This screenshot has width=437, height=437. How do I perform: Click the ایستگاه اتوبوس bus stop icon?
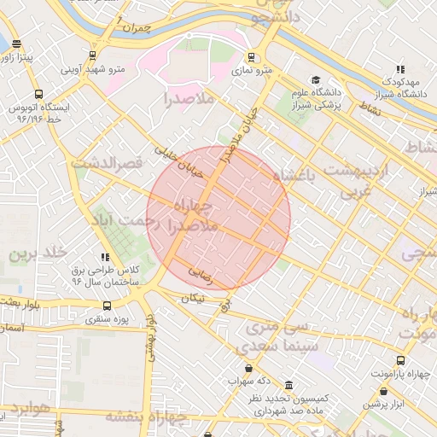coord(38,95)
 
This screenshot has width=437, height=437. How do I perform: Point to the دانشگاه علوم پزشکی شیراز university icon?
coord(315,79)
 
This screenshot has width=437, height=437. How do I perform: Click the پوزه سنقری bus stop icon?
coord(106,305)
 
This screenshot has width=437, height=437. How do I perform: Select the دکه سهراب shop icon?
coord(248,368)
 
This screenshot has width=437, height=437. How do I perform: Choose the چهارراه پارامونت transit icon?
coord(400,360)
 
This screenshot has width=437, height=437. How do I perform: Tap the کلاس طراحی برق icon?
coord(105,256)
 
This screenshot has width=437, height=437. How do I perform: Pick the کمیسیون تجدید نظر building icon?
coord(288,385)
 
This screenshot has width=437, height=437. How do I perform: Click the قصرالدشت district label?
coord(107,162)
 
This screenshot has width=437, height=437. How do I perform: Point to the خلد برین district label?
coord(38,253)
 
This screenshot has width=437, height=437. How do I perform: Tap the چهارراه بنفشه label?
coord(146,417)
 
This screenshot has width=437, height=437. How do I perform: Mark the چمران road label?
coord(135,29)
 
